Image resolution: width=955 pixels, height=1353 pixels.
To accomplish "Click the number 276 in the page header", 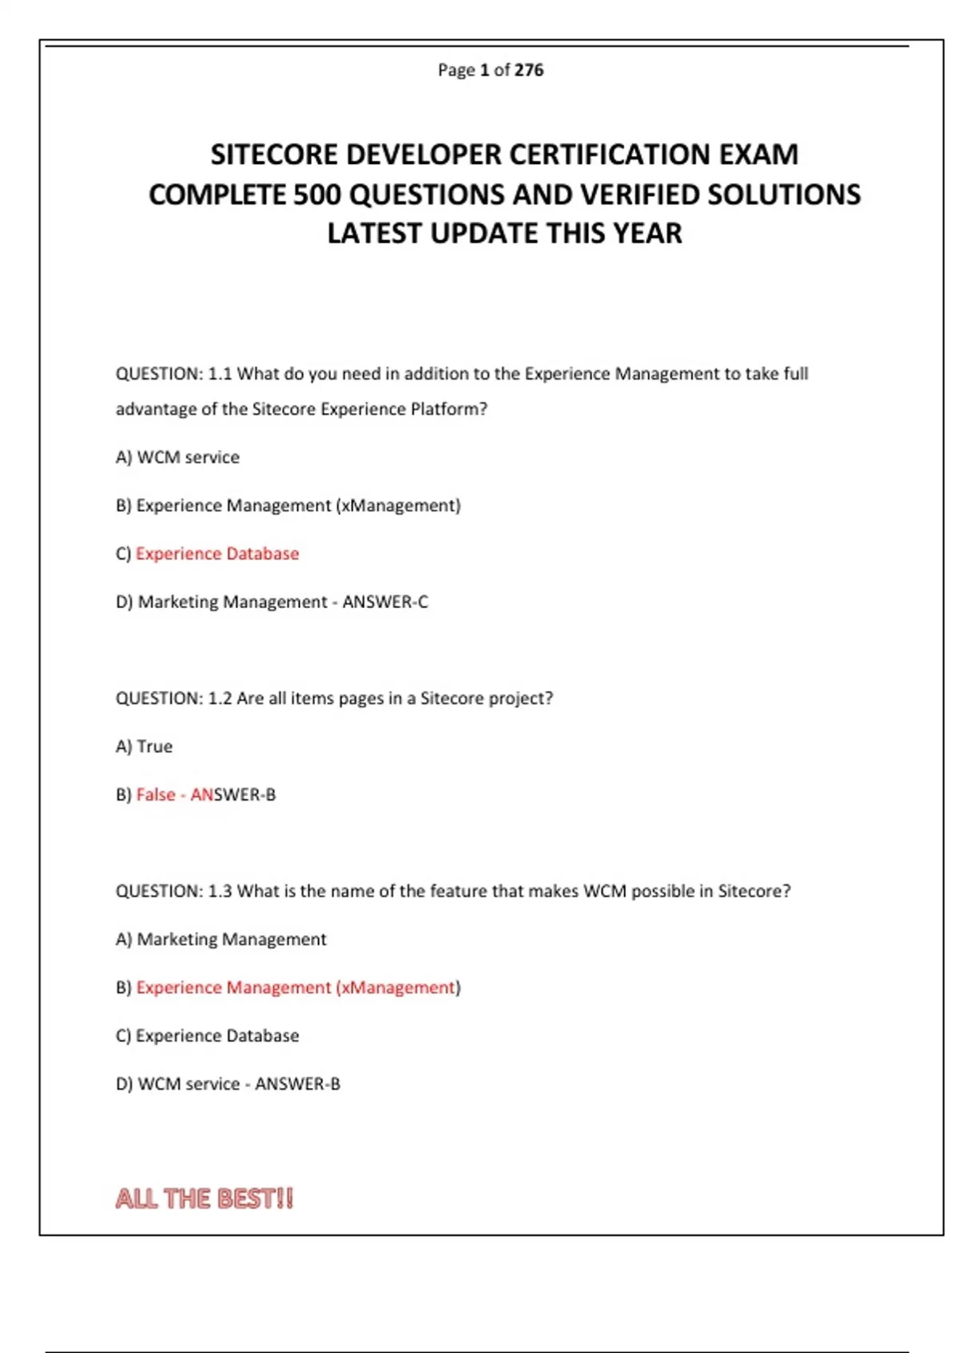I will coord(528,70).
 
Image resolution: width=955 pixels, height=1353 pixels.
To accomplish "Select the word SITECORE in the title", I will coord(275,154).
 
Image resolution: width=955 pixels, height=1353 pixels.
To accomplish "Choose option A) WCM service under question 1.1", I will coord(177,458).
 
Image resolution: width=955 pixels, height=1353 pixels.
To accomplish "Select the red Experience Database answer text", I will coord(217,554).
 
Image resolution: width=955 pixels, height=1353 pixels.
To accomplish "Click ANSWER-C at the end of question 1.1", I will coord(385,602).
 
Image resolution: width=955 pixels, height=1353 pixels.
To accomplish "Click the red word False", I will coord(156,795).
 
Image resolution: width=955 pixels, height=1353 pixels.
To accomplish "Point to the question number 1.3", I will coord(220,891).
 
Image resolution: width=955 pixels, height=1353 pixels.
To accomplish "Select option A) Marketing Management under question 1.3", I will coord(221,940).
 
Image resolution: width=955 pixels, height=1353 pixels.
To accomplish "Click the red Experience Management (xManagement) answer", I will coord(297,988).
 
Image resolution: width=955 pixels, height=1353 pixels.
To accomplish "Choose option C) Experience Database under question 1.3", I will coord(208,1036).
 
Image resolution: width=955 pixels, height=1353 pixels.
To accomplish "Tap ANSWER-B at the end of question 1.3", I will coord(298,1084).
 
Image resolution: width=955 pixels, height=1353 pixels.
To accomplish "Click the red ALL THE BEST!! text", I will coord(205,1199).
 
